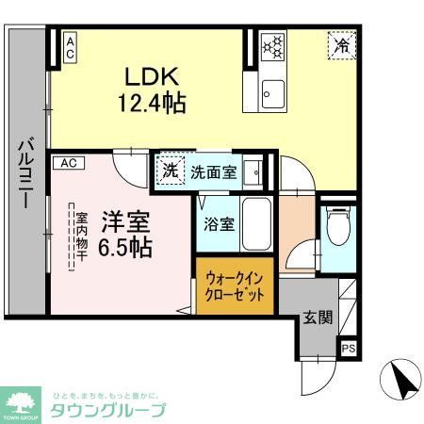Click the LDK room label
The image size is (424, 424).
pyautogui.click(x=147, y=74)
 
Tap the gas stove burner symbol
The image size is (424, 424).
pyautogui.click(x=272, y=45)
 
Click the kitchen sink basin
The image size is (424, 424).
pyautogui.click(x=273, y=92)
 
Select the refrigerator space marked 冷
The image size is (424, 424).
pyautogui.click(x=341, y=44)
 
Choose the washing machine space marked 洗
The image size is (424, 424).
pyautogui.click(x=170, y=171)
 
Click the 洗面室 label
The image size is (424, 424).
pyautogui.click(x=213, y=172)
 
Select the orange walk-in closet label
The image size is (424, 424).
pyautogui.click(x=236, y=284)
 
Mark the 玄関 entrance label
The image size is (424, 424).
pyautogui.click(x=318, y=318)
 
